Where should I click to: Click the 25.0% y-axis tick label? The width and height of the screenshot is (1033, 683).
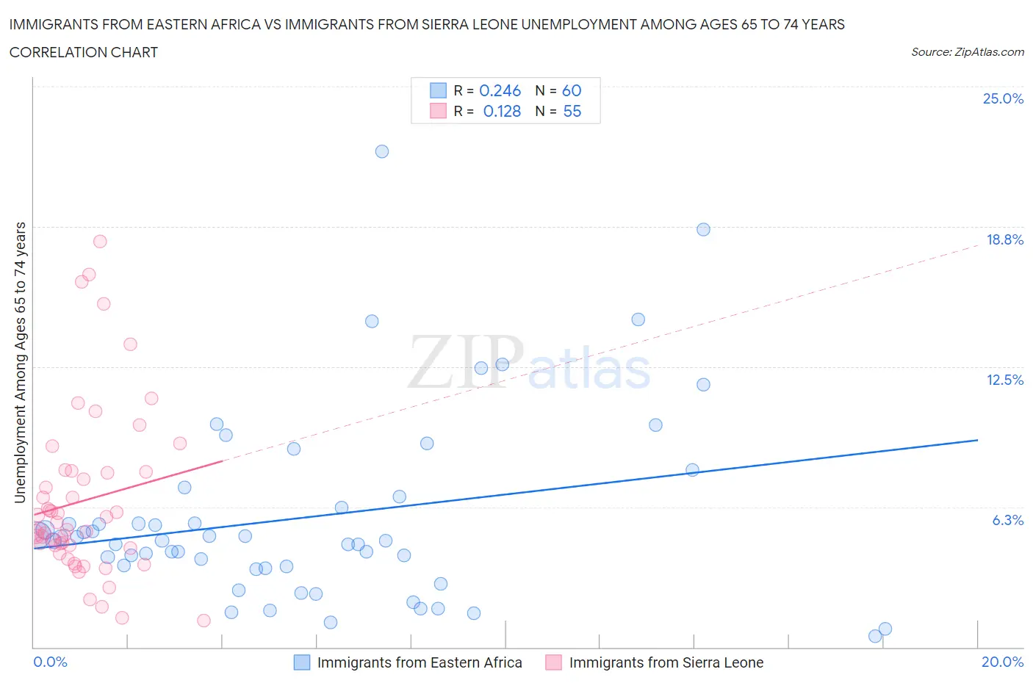coord(1003,98)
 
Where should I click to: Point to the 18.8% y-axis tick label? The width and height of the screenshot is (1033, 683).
coord(1004,239)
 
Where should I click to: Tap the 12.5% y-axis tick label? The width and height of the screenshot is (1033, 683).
coord(1004,380)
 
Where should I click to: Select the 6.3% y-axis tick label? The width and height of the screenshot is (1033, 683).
coord(1007,520)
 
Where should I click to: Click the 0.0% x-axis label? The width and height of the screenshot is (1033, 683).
coord(50,662)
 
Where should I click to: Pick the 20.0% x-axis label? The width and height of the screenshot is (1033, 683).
coord(1002,662)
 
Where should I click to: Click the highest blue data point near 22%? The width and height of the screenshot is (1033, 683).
coord(382,151)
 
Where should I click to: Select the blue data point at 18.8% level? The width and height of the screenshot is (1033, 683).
coord(703,229)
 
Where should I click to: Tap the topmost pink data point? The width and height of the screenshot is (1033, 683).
coord(100,242)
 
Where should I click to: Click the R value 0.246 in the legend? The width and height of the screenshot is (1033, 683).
coord(500,90)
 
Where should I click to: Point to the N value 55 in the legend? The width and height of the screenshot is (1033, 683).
coord(572,111)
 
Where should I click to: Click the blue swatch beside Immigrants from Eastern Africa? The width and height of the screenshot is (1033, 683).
coord(302,662)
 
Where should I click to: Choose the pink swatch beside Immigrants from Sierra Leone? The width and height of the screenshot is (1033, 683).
coord(553,662)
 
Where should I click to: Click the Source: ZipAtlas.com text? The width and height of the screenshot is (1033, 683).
coord(967,52)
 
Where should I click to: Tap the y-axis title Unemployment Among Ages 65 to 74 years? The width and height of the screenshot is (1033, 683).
coord(20,362)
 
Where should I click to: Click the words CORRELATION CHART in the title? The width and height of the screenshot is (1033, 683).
coord(84,52)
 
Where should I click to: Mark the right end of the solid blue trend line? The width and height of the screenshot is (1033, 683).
coord(977,440)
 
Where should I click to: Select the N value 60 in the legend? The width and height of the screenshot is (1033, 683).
coord(572,90)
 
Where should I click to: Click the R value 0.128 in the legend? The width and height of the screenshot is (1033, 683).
coord(502,111)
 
